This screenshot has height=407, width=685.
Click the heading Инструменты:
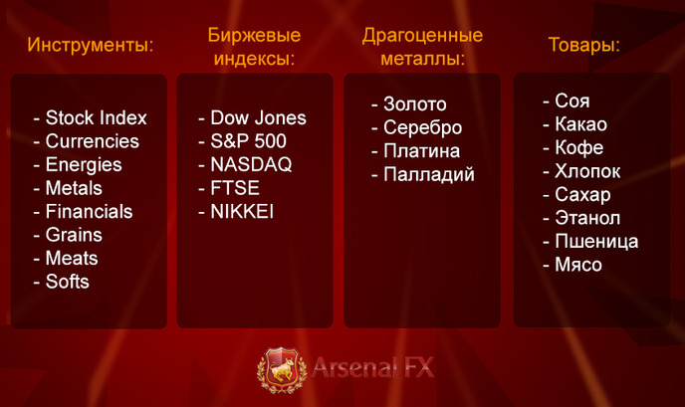(x=91, y=45)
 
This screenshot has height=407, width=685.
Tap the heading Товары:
(x=584, y=45)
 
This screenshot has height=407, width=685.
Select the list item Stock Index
(x=97, y=117)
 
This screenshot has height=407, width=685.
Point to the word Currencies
(x=93, y=141)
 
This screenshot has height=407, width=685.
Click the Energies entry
(x=84, y=165)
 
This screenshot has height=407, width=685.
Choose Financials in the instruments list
(x=89, y=211)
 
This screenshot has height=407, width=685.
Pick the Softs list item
(x=68, y=282)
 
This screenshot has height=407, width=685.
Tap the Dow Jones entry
(x=258, y=117)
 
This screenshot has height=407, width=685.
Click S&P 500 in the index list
(x=248, y=141)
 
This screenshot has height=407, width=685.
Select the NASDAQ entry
(x=251, y=164)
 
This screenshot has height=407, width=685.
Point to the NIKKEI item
(x=242, y=211)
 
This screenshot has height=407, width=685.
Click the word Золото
(x=415, y=103)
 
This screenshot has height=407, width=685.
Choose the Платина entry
(x=421, y=151)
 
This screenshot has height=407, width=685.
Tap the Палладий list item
(x=429, y=174)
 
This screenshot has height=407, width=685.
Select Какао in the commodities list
(x=581, y=124)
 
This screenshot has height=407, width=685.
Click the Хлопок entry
(x=587, y=171)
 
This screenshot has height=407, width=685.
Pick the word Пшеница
(x=596, y=242)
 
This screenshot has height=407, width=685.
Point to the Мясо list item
(x=578, y=265)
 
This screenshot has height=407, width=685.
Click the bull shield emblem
(x=282, y=369)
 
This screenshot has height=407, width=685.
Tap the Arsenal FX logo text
(x=373, y=367)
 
